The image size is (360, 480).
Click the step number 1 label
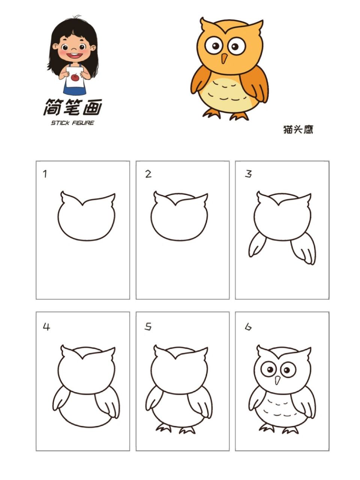(x=45, y=174)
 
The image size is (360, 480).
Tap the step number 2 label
(x=148, y=174)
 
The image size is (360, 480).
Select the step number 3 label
(x=248, y=174)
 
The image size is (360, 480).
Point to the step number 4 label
(x=46, y=327)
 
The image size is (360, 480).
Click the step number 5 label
(x=148, y=327)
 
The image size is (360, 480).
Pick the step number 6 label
(x=248, y=327)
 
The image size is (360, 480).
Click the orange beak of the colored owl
(x=224, y=58)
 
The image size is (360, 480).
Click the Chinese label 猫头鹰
(x=298, y=130)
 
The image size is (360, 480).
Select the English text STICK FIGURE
(x=72, y=123)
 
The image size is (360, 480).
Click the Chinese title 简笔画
(x=72, y=108)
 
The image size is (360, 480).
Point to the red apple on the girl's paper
(x=75, y=78)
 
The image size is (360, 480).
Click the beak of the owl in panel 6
(x=277, y=380)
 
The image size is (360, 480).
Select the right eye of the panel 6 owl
(x=288, y=370)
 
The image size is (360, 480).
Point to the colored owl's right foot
(x=238, y=115)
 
